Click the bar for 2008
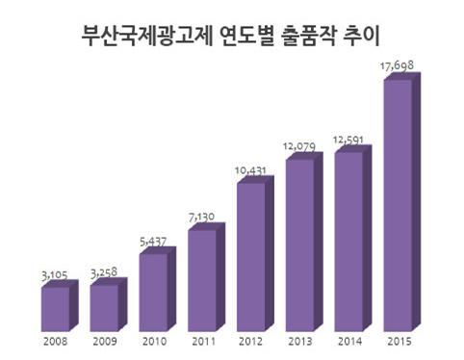point(60,305)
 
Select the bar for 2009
point(109,304)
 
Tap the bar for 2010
point(158,289)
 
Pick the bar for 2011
point(206,277)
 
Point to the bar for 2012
point(255,253)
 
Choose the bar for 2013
point(304,242)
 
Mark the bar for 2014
point(353,238)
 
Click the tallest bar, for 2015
point(402,202)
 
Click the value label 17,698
point(397,65)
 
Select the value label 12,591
point(348,140)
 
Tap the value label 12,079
point(299,146)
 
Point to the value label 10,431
point(250,170)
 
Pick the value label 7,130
point(201,218)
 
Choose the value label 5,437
point(153,242)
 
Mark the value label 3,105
point(55,275)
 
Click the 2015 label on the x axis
point(400,342)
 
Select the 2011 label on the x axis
point(204,342)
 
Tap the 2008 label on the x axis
point(56,342)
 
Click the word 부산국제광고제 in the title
point(147,36)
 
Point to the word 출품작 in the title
point(308,36)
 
